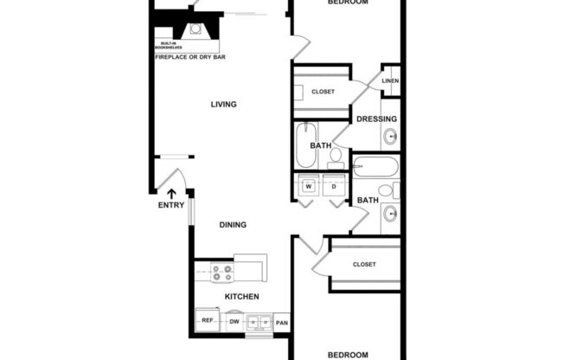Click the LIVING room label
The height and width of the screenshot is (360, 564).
pos(223,105)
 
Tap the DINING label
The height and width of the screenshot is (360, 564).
pos(233,225)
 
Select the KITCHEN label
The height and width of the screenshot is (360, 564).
pos(242,297)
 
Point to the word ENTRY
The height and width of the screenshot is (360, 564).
pos(170,205)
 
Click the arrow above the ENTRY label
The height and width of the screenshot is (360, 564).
pos(170,193)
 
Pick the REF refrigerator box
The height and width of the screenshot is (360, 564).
pos(208,321)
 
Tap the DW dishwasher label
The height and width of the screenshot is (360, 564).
pos(234,322)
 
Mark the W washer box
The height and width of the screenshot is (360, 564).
pos(307,187)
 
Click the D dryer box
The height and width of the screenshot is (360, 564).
pos(333,187)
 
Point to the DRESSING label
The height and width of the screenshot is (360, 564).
pos(377,119)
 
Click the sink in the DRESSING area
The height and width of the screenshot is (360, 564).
pos(390,136)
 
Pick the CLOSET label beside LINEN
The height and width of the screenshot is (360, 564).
pos(323,92)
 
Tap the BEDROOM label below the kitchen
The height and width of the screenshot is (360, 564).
pos(348,355)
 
